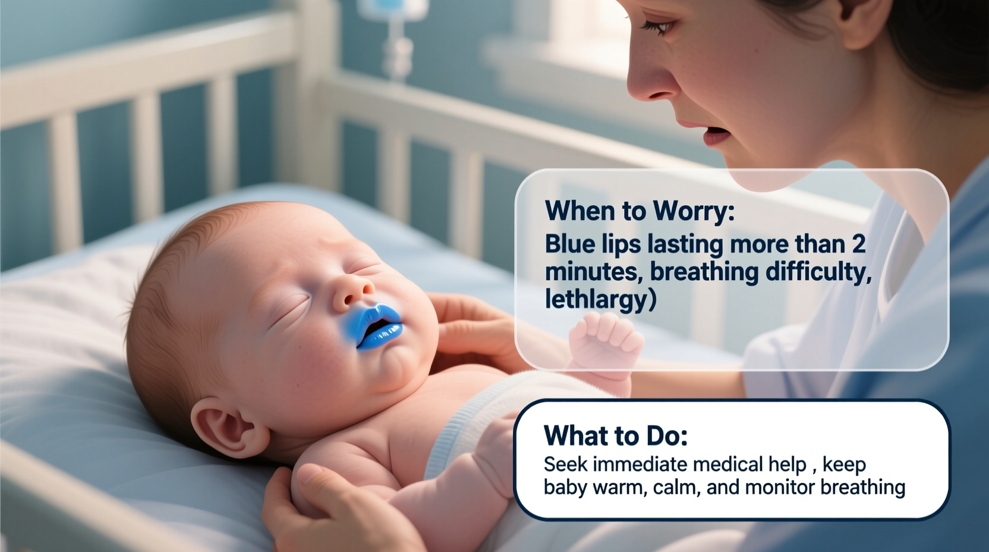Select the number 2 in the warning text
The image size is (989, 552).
(858, 244)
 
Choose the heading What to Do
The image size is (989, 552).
(616, 435)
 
